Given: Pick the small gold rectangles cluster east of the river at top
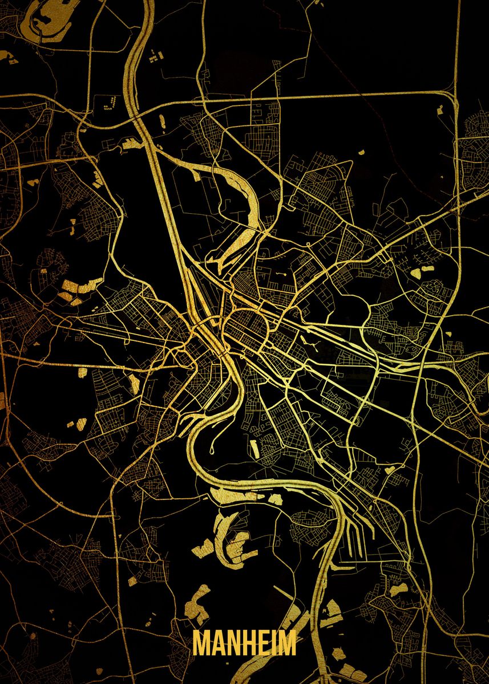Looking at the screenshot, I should point(155,56).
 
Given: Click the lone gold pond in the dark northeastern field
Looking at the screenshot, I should point(362,153).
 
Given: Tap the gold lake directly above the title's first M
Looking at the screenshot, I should point(199,605).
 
